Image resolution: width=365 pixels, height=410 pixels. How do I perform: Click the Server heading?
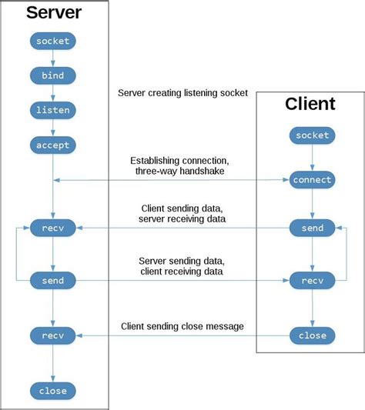pos(55,12)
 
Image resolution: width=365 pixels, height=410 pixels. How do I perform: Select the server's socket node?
pos(52,40)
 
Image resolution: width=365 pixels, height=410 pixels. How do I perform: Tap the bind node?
pos(52,75)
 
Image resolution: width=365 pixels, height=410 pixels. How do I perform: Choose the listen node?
pos(52,110)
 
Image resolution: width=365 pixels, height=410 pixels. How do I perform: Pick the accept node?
pos(52,145)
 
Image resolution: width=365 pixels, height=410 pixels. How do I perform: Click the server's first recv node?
pos(52,228)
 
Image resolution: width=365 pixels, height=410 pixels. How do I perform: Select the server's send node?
pos(52,281)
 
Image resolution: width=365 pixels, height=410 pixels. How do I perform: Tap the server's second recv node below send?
pos(52,335)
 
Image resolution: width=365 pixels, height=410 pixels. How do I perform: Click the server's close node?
pos(52,390)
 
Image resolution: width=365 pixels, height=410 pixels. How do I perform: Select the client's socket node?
pos(312,135)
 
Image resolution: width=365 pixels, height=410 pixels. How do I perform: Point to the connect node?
pos(312,180)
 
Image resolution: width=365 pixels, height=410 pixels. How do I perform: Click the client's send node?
pos(312,228)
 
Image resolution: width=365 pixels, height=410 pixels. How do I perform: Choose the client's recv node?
pos(312,281)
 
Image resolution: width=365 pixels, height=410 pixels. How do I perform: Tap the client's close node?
pos(312,335)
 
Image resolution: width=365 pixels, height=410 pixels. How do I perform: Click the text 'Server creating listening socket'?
pos(182,93)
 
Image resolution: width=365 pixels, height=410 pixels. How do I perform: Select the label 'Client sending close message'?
pos(182,327)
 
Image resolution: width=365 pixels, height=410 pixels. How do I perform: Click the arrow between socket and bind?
pos(52,58)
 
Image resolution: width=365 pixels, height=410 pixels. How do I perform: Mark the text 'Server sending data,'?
pos(182,261)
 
